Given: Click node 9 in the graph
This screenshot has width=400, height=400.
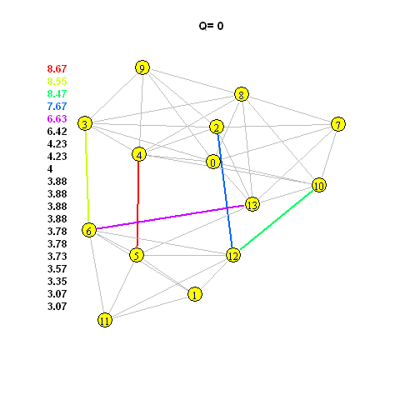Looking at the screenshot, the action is (x=142, y=67).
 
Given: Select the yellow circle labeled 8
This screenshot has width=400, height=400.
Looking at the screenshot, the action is (x=242, y=94).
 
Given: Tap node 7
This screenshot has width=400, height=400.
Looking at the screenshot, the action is (x=338, y=124).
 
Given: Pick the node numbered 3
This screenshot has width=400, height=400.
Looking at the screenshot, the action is (x=85, y=123).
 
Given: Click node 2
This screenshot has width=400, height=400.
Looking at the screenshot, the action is (x=217, y=127).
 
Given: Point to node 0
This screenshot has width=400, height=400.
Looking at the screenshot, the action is (x=213, y=162).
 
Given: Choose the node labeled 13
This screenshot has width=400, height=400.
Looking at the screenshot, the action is (x=252, y=205).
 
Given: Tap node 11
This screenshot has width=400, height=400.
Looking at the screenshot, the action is (x=105, y=320).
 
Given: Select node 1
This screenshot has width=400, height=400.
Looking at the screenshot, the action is (x=195, y=294).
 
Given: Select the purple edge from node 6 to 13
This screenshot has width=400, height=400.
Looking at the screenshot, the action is (x=171, y=217).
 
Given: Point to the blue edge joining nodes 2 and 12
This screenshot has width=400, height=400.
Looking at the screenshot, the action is (x=225, y=191).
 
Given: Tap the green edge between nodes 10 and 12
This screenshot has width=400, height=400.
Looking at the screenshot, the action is (x=277, y=220).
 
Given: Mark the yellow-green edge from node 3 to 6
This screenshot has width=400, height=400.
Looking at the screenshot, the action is (x=87, y=177).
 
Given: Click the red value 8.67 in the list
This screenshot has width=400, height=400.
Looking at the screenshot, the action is (x=57, y=68).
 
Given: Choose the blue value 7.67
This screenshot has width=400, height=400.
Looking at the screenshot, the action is (x=57, y=106).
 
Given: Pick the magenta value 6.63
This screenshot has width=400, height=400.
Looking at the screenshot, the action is (x=57, y=118).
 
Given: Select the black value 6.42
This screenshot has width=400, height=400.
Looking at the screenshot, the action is (x=57, y=131).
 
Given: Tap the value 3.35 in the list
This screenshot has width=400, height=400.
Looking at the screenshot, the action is (x=57, y=281).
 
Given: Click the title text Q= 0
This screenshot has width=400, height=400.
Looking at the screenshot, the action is (x=211, y=26).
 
